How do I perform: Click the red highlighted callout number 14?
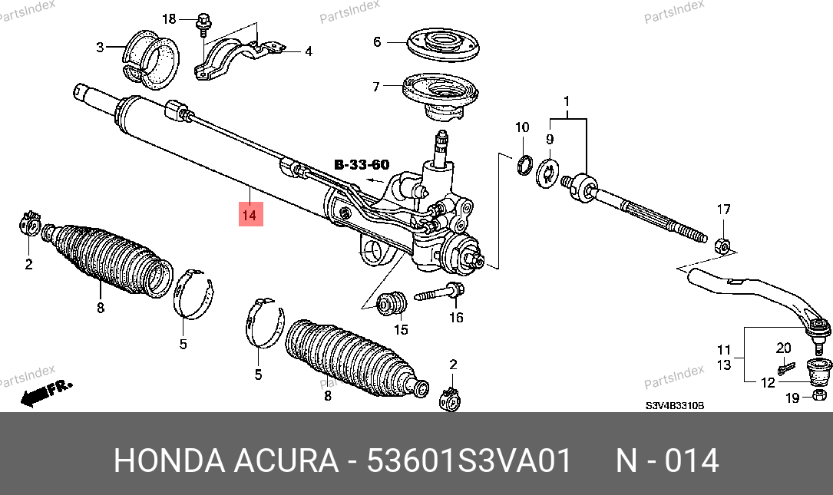tap(251, 215)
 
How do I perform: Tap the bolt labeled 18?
tap(203, 25)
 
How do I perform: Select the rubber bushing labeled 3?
tap(151, 60)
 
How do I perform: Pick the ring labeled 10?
tap(524, 165)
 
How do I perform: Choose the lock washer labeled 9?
tap(547, 173)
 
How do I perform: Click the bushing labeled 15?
tap(392, 303)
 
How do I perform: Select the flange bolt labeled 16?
tap(439, 292)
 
